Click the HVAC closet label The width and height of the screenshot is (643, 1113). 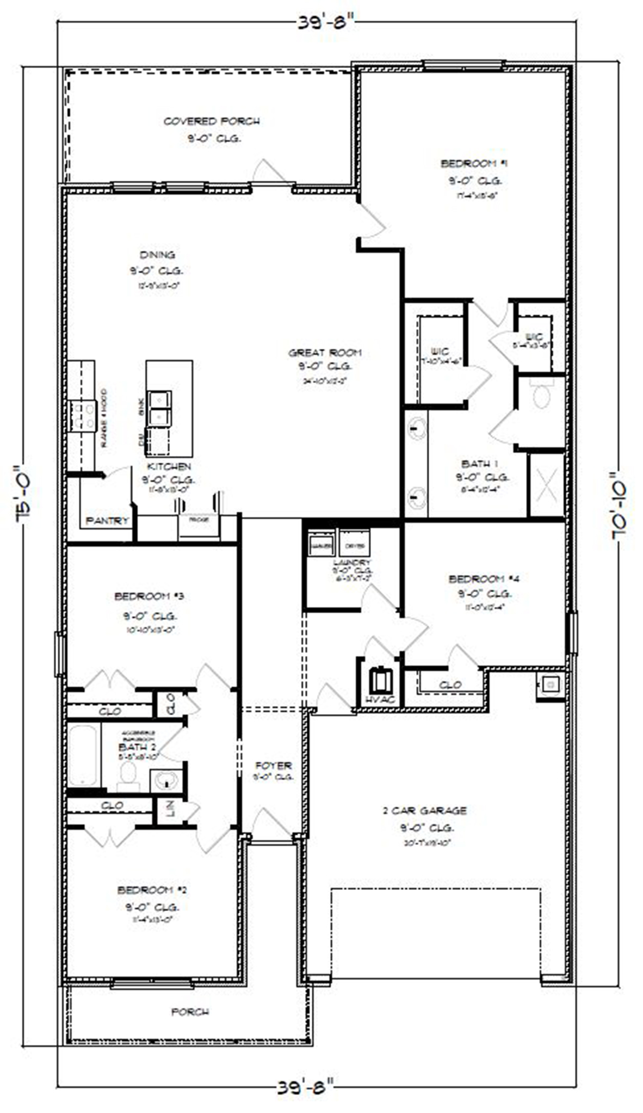pos(380,699)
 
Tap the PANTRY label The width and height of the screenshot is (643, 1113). pos(108,521)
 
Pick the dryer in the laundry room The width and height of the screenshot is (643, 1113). pos(355,545)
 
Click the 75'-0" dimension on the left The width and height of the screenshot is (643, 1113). pos(26,494)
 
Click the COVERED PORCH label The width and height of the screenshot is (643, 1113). pos(212,121)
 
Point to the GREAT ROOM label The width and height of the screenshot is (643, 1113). pos(325,353)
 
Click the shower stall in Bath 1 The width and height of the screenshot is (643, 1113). pos(546,484)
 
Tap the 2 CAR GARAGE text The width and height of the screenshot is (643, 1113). pos(424,810)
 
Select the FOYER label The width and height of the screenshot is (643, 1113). pos(274,765)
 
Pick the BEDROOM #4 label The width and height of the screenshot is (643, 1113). pos(484,579)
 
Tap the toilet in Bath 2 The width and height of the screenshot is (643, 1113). pos(128,776)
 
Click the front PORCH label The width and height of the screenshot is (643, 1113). pos(190,1012)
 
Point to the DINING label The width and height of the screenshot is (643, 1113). pos(157,255)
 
